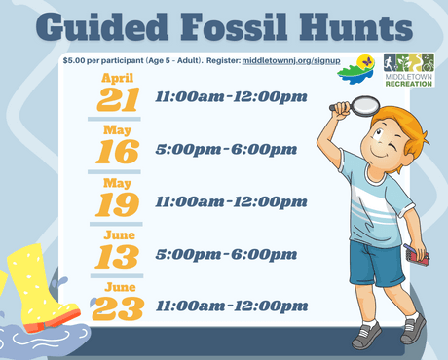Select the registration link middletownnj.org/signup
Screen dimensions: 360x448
284,60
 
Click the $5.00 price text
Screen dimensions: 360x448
74,60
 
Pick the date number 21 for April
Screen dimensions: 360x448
119,99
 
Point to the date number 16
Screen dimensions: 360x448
119,151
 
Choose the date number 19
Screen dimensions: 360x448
119,203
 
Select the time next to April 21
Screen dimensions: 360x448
231,97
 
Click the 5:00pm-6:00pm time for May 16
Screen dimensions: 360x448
226,150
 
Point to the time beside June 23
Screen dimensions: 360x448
231,306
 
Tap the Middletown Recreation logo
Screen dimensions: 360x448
408,70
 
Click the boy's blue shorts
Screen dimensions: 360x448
376,263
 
